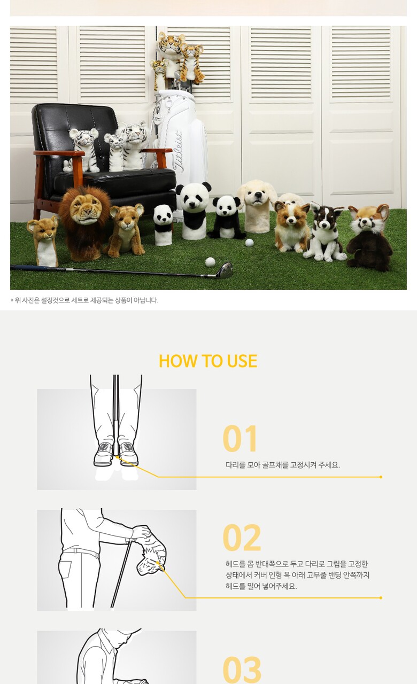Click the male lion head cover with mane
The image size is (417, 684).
click(84, 222)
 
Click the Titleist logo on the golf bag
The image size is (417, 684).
click(178, 152)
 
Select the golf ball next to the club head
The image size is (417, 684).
click(210, 262)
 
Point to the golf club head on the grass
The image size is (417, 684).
click(225, 270)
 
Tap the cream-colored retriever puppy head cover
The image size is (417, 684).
click(257, 206)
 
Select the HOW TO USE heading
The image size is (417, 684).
click(208, 361)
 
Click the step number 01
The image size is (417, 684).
click(240, 439)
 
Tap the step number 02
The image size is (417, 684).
click(242, 538)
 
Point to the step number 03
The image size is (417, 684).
click(242, 670)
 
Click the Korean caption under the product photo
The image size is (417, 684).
click(84, 300)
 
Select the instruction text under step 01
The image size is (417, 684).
click(283, 465)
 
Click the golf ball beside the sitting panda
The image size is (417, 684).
click(249, 243)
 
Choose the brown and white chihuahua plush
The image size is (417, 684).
click(291, 227)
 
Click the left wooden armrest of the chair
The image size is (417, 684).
click(59, 153)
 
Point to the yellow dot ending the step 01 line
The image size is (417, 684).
click(381, 477)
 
